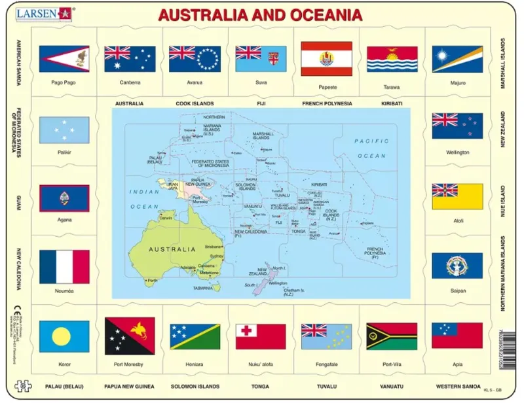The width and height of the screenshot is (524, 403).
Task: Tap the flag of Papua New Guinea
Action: (x=130, y=336)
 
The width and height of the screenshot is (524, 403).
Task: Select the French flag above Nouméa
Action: (x=64, y=266)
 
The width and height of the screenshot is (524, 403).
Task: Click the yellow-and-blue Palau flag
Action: (x=64, y=336)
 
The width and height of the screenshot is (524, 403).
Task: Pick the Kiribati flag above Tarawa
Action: (x=392, y=59)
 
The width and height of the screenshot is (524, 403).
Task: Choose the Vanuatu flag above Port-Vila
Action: (x=392, y=336)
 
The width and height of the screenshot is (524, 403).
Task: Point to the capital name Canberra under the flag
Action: (x=130, y=83)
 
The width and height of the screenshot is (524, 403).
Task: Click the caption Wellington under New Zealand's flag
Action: (x=457, y=152)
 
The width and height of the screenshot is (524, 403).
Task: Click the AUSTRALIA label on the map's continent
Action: (x=172, y=249)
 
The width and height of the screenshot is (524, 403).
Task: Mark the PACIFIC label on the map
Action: (x=372, y=141)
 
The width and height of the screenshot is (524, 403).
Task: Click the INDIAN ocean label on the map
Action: (x=143, y=192)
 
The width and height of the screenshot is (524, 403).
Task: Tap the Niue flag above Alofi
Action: (x=457, y=196)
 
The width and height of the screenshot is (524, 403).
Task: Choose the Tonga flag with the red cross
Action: (x=261, y=336)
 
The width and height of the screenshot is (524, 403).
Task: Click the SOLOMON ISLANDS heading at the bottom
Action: (x=195, y=387)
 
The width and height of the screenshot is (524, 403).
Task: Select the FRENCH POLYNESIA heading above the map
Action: (x=327, y=103)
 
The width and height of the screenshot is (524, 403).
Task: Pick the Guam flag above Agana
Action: (x=64, y=197)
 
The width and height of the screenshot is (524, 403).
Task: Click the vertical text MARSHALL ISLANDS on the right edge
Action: (x=503, y=63)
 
